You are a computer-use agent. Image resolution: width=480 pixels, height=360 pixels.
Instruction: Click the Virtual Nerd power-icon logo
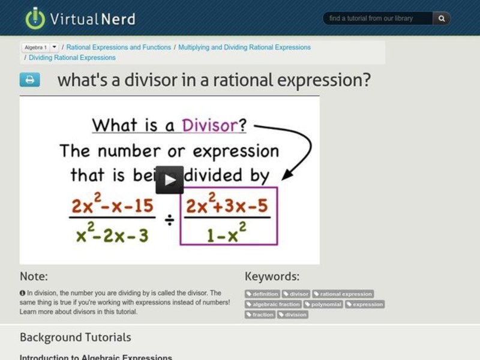click(35, 18)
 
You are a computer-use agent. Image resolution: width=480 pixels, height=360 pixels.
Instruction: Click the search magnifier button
click(442, 19)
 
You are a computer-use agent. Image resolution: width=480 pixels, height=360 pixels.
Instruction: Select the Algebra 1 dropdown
click(40, 47)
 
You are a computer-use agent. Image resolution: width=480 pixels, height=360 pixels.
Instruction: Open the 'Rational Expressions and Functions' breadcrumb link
click(118, 47)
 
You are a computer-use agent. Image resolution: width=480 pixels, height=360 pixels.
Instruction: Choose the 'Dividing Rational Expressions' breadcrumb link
click(72, 58)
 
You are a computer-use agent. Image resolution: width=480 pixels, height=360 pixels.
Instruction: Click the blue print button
click(30, 80)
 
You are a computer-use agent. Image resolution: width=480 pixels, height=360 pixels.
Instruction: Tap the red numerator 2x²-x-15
click(112, 206)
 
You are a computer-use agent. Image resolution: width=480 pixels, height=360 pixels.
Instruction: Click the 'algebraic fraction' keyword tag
click(273, 304)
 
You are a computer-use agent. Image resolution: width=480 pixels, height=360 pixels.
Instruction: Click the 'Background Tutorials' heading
click(75, 337)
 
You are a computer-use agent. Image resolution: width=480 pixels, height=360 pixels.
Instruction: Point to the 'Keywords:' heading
click(272, 277)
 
